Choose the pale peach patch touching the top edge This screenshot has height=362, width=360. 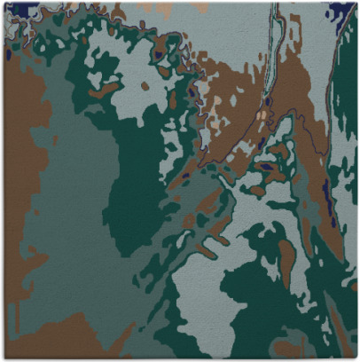pyautogui.click(x=200, y=7)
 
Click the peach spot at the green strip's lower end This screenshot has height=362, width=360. pyautogui.click(x=262, y=114)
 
